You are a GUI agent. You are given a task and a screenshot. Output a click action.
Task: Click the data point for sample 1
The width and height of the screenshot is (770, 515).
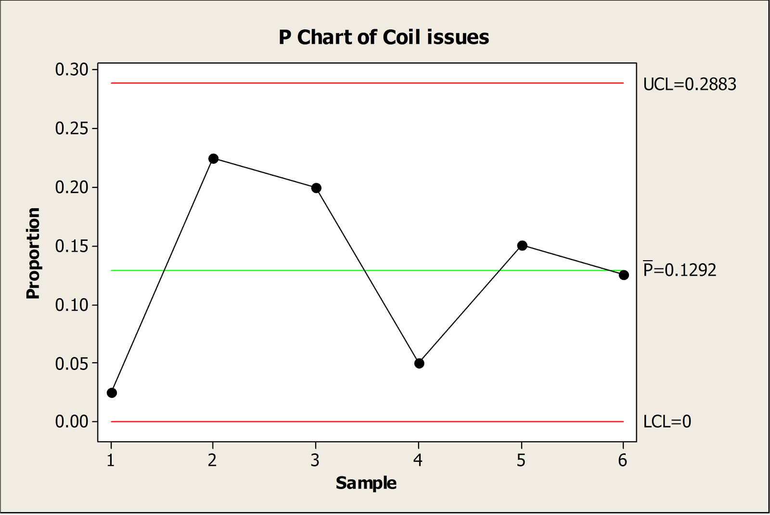tap(112, 393)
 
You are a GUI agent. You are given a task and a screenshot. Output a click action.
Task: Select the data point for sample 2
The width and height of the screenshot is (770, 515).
tap(214, 158)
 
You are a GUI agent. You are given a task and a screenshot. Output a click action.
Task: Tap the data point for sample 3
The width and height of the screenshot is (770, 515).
tap(316, 188)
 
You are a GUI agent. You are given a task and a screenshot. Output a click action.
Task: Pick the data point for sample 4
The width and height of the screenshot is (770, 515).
tap(419, 363)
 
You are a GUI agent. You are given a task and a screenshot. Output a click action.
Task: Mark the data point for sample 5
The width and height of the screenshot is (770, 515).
tap(522, 246)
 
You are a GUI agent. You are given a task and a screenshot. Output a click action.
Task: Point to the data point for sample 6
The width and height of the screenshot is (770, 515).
tap(624, 275)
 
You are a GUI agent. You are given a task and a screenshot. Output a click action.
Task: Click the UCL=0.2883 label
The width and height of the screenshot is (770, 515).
tap(690, 84)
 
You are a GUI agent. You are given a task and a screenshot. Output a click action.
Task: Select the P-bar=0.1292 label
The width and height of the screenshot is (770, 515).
tap(680, 270)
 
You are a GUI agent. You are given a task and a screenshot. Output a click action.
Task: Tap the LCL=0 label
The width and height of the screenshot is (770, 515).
tap(667, 422)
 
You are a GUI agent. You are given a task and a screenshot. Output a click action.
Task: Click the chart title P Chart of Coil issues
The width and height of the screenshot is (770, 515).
tap(384, 37)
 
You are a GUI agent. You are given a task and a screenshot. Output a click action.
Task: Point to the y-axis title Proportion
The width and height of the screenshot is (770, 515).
tap(33, 253)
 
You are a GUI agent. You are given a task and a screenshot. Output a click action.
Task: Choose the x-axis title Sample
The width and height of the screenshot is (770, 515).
tap(366, 483)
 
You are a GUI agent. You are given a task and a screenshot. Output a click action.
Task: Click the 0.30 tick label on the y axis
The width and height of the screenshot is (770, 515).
tap(72, 70)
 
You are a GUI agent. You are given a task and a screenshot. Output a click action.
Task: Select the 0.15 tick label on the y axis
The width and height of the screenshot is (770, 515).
tap(72, 246)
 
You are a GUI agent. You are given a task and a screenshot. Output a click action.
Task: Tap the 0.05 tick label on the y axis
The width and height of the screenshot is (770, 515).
tap(72, 364)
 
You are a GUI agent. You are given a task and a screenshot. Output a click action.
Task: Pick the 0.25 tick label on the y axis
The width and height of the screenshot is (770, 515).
tap(72, 129)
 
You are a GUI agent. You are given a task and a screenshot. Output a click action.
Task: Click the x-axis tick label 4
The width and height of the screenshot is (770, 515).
tap(418, 461)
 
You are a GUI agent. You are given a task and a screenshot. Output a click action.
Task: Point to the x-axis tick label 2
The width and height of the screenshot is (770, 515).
tap(212, 461)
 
